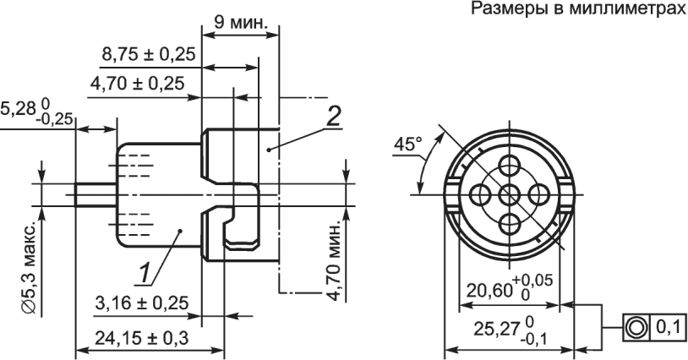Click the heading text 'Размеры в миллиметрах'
point(579,8)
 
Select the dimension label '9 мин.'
point(241,22)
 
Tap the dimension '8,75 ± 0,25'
point(148,54)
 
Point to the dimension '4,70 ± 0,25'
point(137,83)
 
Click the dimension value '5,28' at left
point(18,109)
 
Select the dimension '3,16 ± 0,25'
point(142,303)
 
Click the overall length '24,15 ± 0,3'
point(142,338)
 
